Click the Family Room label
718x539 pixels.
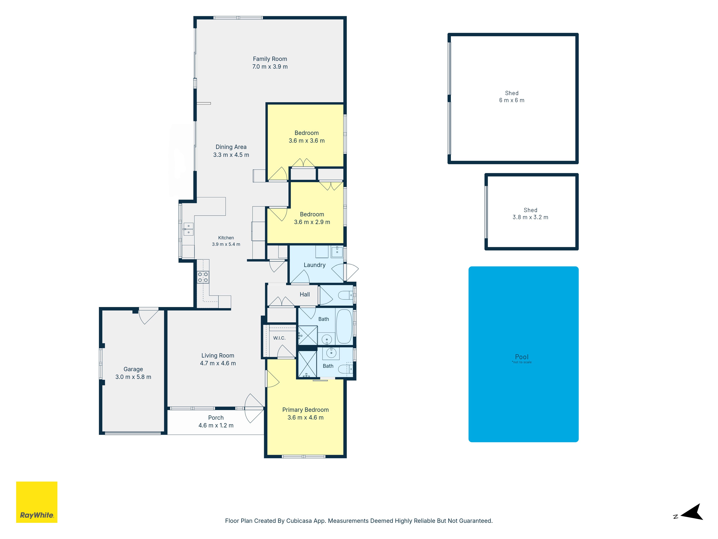click(270, 59)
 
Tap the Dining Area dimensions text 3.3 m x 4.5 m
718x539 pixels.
click(231, 155)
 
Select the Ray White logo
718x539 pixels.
click(37, 502)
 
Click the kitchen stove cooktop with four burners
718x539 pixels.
click(203, 277)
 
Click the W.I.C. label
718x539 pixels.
click(279, 338)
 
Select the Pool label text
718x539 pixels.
click(522, 357)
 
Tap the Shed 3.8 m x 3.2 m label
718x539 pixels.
click(530, 214)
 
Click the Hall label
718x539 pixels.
click(304, 294)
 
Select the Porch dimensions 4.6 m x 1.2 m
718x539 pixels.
click(216, 425)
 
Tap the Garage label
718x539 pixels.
click(133, 369)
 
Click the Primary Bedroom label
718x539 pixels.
click(306, 410)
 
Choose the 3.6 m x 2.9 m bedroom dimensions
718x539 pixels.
click(312, 222)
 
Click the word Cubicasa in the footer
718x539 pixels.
click(299, 521)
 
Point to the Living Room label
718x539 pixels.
click(218, 355)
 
